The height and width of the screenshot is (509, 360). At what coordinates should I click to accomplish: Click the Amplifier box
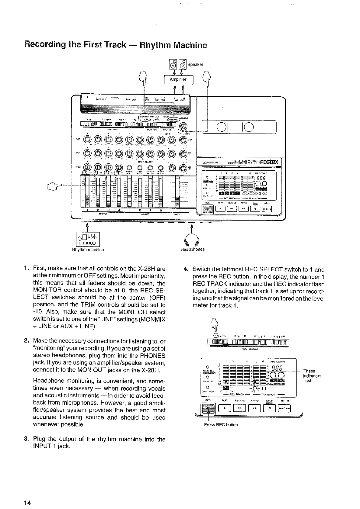tap(178, 80)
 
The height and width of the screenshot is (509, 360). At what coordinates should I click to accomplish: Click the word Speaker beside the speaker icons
tap(195, 64)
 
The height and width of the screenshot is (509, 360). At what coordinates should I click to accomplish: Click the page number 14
tap(28, 503)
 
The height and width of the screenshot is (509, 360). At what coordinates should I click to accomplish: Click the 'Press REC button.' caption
tap(221, 425)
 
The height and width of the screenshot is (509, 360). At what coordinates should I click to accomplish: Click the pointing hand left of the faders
tap(57, 185)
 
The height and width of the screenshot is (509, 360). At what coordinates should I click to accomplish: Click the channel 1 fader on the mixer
tap(87, 192)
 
